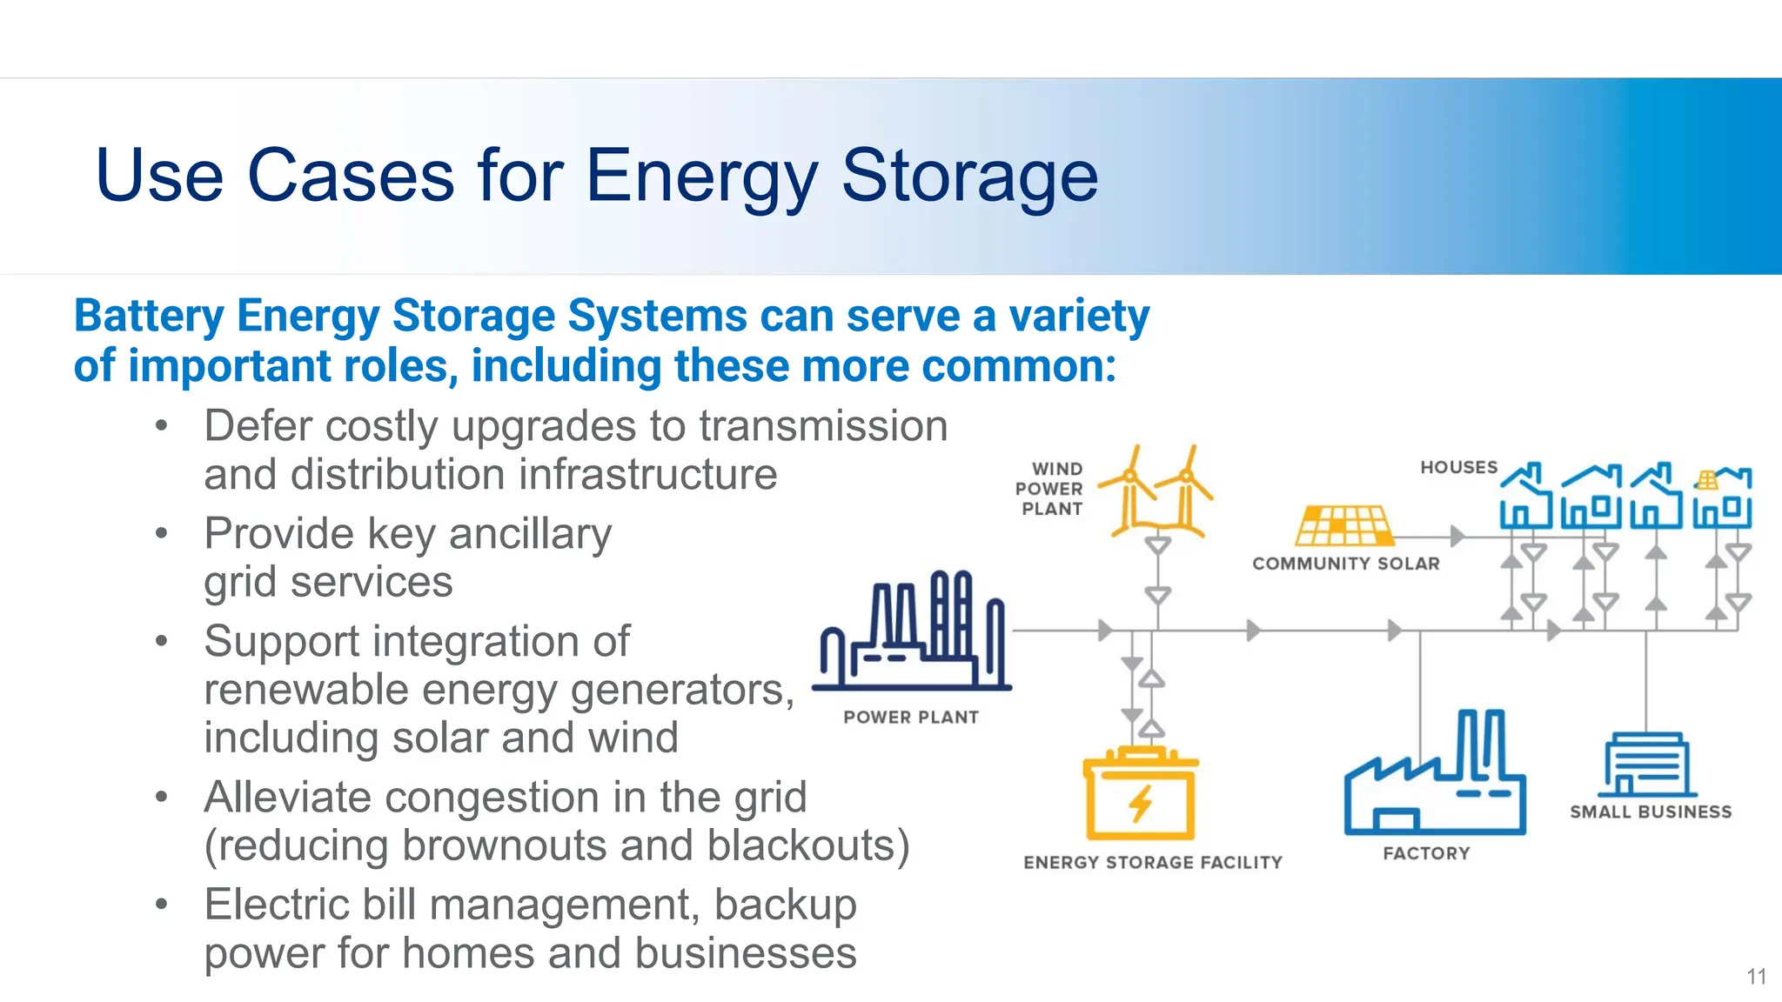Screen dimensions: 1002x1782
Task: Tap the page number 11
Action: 1756,977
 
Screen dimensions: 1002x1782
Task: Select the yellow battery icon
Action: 1140,794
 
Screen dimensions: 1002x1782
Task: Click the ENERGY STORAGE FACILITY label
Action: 1152,862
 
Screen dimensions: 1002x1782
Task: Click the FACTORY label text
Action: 1426,853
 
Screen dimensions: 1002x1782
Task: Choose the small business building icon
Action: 1646,765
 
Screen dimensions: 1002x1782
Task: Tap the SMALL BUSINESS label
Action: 1650,812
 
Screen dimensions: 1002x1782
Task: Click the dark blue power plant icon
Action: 912,632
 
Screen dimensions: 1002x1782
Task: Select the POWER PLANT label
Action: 911,718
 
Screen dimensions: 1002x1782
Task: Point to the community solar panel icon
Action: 1344,525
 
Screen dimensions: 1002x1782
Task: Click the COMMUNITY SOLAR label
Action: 1345,564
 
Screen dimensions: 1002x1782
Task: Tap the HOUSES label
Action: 1458,467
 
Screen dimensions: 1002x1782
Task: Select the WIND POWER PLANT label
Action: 1050,489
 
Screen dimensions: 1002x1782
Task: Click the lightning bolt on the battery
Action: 1141,803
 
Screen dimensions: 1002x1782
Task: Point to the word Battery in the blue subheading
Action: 149,316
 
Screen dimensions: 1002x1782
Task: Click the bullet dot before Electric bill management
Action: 161,904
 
